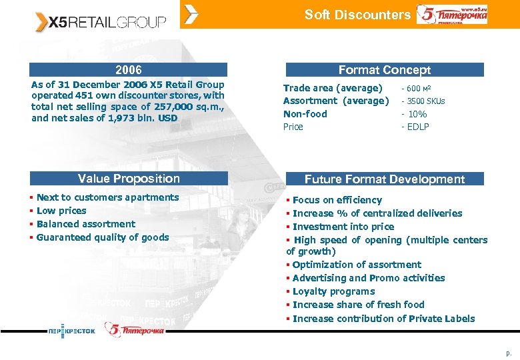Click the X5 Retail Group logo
click(x=100, y=21)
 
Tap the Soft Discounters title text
click(x=357, y=15)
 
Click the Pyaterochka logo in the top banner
click(x=452, y=15)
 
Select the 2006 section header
click(x=129, y=69)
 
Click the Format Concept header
click(x=384, y=70)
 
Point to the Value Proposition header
click(x=129, y=179)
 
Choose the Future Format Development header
click(x=384, y=179)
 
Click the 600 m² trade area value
click(x=419, y=89)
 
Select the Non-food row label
click(x=305, y=114)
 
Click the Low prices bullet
click(x=61, y=211)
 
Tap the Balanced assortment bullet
click(x=85, y=224)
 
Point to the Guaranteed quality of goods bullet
click(x=103, y=237)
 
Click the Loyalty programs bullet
click(x=333, y=291)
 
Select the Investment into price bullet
click(x=343, y=227)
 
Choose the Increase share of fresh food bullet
click(x=358, y=305)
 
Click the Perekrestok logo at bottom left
click(x=71, y=331)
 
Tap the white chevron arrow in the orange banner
click(x=191, y=15)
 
